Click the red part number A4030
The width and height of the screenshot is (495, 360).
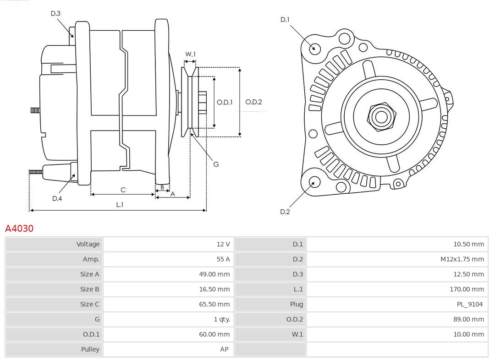tap(19, 228)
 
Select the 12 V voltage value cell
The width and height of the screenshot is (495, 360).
tap(223, 244)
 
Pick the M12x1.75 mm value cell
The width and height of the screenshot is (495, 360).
tap(462, 259)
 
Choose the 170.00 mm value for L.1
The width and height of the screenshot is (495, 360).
tap(467, 289)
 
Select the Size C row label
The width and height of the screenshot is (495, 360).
tap(89, 304)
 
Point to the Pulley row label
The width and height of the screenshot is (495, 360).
tap(90, 349)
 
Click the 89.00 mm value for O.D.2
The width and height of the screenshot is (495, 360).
tap(468, 319)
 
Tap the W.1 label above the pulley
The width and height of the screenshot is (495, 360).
tap(190, 54)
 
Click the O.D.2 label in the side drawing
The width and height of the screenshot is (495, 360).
tap(253, 102)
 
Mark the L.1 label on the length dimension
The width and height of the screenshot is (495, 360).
tap(119, 205)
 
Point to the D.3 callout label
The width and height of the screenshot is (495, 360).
tap(55, 14)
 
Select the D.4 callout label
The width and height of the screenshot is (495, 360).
tap(57, 198)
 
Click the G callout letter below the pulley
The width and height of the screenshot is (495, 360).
tap(216, 164)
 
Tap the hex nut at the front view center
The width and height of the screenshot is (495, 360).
tap(381, 116)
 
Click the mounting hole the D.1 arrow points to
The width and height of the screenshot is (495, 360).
tap(315, 48)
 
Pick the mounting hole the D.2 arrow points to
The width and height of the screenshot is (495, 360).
tap(314, 182)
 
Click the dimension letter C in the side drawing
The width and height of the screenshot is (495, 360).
tap(123, 190)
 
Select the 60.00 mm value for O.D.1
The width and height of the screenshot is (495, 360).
tap(214, 334)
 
